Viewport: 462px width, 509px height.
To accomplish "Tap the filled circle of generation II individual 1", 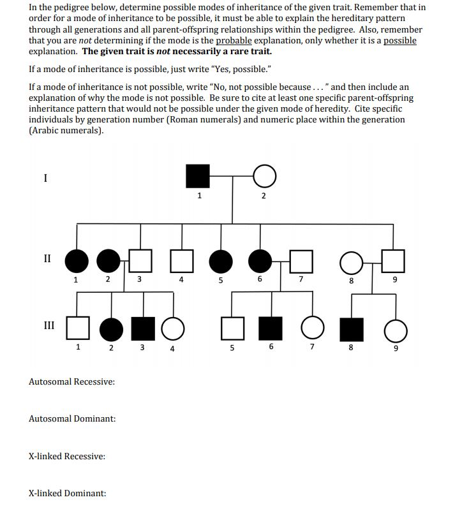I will click(77, 260).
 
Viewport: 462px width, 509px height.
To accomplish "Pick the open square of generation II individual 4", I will click(183, 260).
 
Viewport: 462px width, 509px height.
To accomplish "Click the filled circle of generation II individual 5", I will click(221, 260).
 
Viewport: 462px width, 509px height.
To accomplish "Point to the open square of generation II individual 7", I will click(302, 260).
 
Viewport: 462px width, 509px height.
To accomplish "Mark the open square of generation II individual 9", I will click(393, 260).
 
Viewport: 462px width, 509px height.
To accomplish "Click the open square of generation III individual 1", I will click(77, 328).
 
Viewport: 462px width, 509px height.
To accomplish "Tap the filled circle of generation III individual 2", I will click(110, 328).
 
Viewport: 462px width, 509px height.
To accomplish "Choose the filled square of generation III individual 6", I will click(271, 328).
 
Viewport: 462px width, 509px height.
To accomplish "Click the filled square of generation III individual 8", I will click(350, 329).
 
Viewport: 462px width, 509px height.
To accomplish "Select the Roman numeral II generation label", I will click(47, 258).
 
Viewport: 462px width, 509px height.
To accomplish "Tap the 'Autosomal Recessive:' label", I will click(71, 381).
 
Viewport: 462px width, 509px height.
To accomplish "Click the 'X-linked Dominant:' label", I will click(67, 493).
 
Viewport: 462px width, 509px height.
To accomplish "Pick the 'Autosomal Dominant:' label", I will click(72, 418).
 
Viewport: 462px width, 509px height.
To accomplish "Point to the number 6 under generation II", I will click(260, 279).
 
